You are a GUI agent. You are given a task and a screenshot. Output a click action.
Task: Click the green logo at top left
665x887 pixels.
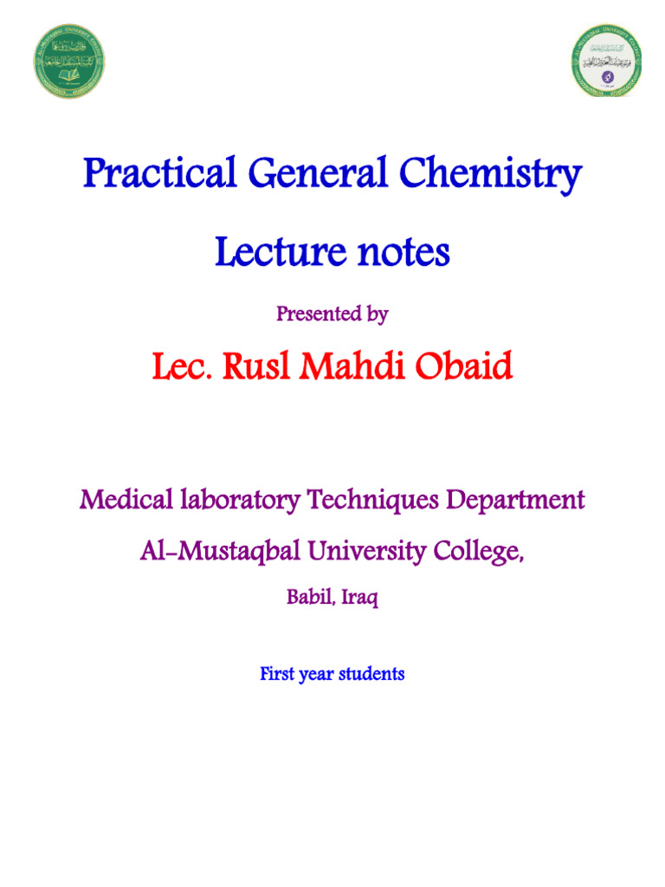[69, 61]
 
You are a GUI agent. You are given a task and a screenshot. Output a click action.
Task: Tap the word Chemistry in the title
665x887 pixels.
[491, 176]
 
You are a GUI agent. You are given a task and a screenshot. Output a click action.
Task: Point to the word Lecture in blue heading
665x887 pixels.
[274, 253]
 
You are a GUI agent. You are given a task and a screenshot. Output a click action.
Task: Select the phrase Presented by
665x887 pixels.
[332, 314]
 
